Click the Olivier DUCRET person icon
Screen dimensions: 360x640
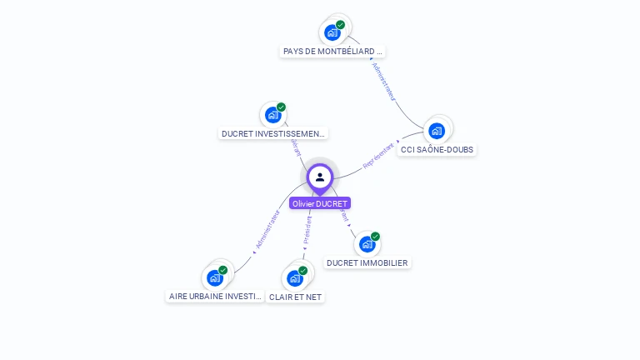coord(320,177)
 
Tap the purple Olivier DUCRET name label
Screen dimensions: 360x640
coord(320,203)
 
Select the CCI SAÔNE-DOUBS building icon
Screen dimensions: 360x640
coord(437,131)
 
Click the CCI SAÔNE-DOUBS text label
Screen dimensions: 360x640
coord(437,150)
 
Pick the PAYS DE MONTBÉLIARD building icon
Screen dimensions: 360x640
coord(333,32)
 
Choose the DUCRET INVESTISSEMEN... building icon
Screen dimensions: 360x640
coord(273,115)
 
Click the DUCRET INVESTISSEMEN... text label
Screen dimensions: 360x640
coord(273,133)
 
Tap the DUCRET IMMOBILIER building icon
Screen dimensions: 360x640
coord(367,244)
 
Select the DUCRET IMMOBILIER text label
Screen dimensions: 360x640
coord(367,263)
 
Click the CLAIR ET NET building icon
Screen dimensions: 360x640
coord(295,277)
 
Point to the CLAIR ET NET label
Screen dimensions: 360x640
coord(295,297)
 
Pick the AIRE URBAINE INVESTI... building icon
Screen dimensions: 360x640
coord(215,277)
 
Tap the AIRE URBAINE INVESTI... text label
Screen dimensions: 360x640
coord(216,296)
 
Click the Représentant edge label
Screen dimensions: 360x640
coord(379,156)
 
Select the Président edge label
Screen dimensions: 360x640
coord(307,231)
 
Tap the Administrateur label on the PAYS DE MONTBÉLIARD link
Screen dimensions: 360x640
coord(383,82)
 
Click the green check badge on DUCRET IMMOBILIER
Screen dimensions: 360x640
coord(375,237)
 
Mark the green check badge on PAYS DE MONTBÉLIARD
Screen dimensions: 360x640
coord(341,25)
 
